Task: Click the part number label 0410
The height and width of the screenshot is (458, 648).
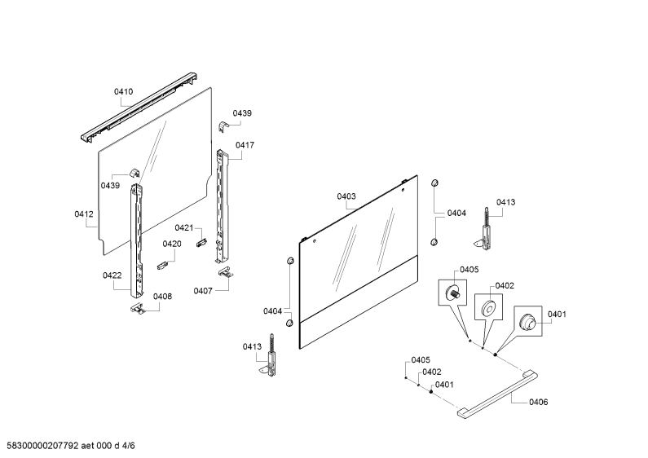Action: tap(124, 92)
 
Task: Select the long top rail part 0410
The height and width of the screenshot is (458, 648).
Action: tap(138, 108)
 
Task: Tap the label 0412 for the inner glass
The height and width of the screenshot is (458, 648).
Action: tap(84, 214)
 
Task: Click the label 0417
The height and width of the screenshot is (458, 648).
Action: tap(245, 145)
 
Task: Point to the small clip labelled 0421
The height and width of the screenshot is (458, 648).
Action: tap(201, 243)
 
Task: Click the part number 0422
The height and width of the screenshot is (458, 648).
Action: tap(112, 275)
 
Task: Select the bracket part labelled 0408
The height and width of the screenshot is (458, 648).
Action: tap(137, 308)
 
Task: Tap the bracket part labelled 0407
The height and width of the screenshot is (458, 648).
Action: tap(225, 271)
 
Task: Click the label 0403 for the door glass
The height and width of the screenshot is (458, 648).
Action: tap(346, 196)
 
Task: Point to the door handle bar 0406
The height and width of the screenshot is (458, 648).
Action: tap(497, 395)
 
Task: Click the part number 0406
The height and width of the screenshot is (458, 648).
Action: tap(539, 402)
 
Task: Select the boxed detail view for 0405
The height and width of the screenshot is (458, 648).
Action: tap(452, 293)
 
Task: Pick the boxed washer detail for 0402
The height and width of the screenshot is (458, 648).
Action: tap(488, 307)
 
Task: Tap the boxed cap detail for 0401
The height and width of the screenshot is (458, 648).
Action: tap(528, 320)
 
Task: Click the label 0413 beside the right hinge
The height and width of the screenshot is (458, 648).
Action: tap(506, 202)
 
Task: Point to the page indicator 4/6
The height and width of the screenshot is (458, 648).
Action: tap(128, 446)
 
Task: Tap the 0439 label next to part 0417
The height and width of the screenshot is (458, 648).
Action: tap(242, 113)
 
